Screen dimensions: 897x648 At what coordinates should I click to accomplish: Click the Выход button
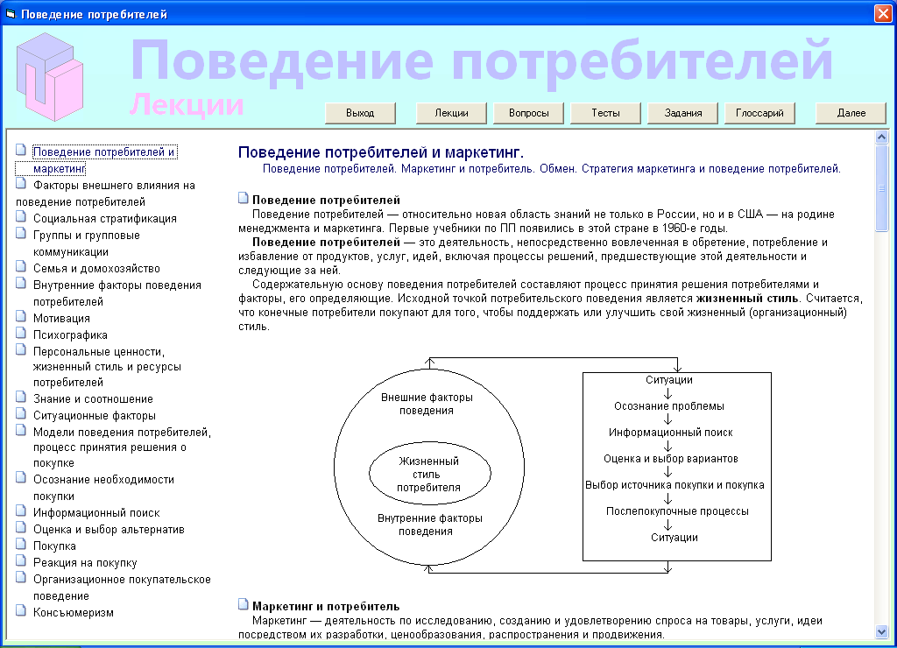point(360,113)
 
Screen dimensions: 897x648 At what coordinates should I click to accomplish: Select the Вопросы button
point(528,113)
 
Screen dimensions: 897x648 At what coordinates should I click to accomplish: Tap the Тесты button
point(605,113)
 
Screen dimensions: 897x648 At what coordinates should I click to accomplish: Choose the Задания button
point(682,113)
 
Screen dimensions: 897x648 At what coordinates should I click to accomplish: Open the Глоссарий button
point(759,113)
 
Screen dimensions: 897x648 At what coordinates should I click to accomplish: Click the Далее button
point(851,113)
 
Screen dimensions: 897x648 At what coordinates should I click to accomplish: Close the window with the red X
point(883,14)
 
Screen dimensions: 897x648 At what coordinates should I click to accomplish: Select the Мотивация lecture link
point(61,319)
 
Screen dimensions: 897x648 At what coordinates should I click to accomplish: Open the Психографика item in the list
point(70,335)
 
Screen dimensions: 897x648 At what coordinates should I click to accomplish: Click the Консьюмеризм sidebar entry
point(74,613)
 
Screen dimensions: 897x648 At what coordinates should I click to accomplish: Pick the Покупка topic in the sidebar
point(54,546)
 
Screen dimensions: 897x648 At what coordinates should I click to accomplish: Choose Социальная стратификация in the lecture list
point(105,218)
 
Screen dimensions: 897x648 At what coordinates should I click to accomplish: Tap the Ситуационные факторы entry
point(95,416)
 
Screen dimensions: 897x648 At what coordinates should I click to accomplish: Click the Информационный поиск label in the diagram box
point(670,433)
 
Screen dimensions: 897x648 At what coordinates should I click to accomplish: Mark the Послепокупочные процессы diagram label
point(677,511)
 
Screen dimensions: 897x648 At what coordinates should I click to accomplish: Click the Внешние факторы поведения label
point(427,404)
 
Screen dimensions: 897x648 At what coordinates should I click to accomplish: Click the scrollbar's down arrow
point(881,631)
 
